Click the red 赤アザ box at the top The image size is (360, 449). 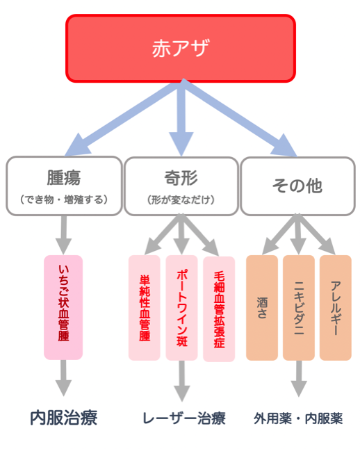point(181,49)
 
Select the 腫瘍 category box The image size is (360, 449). point(64,186)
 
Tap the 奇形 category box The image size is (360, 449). point(181,186)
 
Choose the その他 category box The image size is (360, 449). point(297,186)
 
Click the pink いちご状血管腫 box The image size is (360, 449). point(63,307)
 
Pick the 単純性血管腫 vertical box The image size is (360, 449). point(145,308)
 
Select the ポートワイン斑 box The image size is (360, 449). point(181,308)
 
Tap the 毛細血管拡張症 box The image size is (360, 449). point(219,309)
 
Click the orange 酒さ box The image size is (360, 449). point(262,308)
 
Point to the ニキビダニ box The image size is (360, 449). point(299,308)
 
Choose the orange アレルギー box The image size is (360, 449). point(336,308)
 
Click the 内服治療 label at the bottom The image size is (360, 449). point(64,418)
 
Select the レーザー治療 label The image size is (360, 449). point(184,418)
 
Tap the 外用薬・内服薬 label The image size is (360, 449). point(298,418)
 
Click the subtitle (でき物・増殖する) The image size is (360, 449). point(64,199)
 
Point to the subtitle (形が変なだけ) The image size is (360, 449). point(181,199)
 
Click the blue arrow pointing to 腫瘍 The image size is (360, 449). point(123,118)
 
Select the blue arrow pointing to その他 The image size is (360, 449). point(240,118)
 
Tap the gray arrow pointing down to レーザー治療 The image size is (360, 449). point(181,381)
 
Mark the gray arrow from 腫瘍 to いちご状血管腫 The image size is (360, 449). point(63,235)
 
